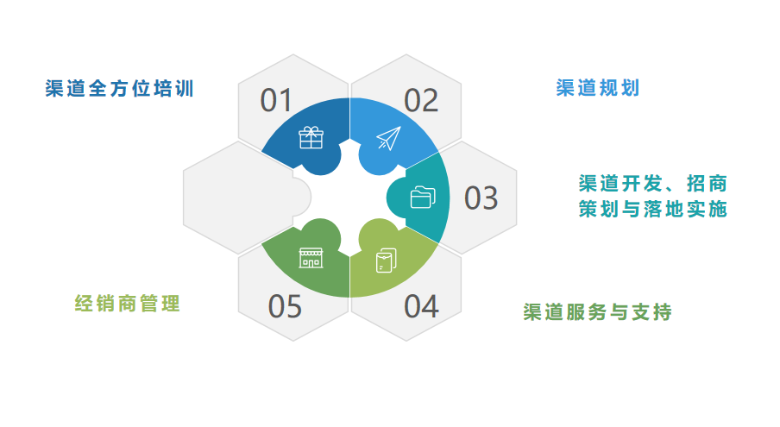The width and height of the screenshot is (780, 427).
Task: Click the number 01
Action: click(277, 101)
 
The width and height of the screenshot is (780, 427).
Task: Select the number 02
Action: click(421, 101)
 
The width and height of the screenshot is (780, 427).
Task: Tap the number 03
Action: click(481, 198)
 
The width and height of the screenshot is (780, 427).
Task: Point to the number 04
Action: click(421, 306)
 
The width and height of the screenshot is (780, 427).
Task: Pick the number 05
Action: click(285, 306)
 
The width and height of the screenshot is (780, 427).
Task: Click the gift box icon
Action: click(311, 138)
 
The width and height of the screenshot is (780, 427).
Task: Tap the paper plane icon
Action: click(388, 138)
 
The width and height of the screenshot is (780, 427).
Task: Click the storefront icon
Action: click(311, 257)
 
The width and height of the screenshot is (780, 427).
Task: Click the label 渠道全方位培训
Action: click(120, 89)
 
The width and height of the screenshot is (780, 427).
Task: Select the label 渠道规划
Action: click(598, 88)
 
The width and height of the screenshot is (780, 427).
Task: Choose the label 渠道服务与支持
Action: click(598, 311)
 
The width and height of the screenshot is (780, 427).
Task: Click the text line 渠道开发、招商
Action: click(652, 183)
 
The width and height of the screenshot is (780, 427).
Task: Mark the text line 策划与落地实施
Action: click(652, 209)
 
